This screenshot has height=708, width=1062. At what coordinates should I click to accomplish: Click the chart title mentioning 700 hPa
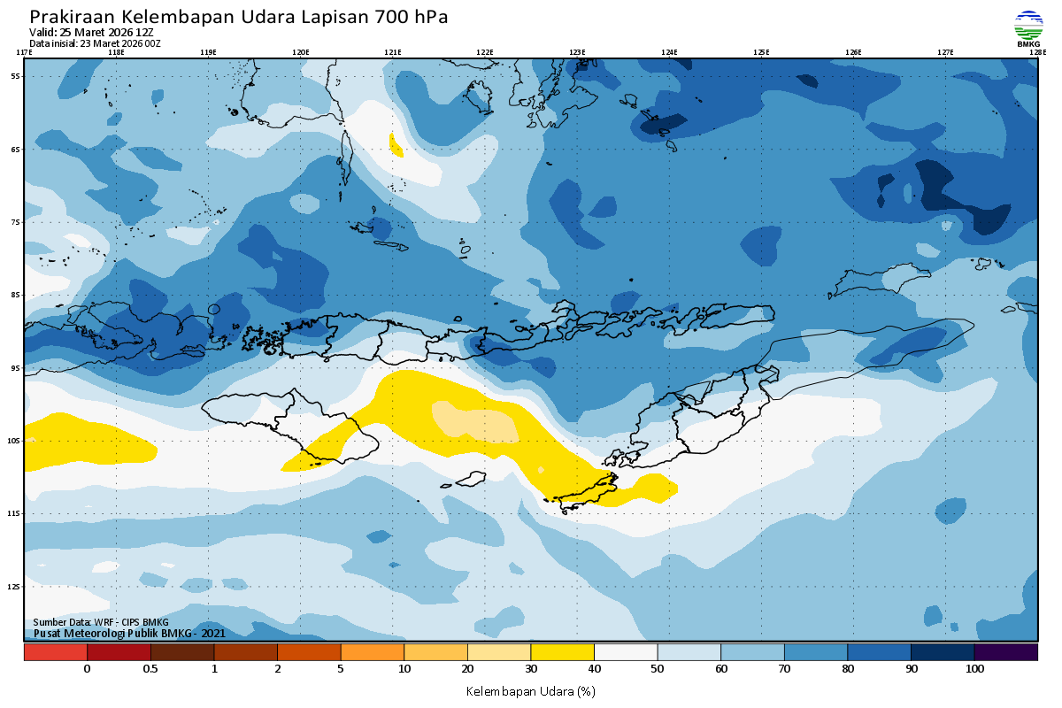(239, 17)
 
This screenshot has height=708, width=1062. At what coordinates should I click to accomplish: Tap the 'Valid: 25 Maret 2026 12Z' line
(91, 32)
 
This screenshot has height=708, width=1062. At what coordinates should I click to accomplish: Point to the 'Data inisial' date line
(95, 42)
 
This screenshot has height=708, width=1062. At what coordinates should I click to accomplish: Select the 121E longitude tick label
(392, 52)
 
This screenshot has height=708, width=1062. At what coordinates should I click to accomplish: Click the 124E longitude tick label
(669, 52)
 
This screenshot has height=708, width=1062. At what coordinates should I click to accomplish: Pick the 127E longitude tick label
(945, 52)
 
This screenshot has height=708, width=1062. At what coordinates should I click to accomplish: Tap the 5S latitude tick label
(16, 76)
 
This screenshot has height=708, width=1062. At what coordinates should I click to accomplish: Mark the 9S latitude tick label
(16, 367)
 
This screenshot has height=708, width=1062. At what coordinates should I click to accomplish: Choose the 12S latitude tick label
(15, 586)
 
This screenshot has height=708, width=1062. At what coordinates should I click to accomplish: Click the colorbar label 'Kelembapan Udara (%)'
(530, 690)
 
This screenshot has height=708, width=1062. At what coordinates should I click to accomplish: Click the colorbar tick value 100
(974, 669)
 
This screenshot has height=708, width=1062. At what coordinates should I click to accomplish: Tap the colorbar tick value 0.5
(150, 669)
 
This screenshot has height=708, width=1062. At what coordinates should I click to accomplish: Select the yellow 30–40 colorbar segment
(562, 652)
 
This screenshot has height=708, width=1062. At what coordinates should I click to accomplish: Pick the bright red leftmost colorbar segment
(56, 652)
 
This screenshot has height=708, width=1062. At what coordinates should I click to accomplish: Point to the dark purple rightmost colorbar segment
(1005, 652)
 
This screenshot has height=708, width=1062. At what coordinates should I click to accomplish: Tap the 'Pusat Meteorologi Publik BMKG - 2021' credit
(129, 633)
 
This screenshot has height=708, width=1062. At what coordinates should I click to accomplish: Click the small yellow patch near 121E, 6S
(396, 144)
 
